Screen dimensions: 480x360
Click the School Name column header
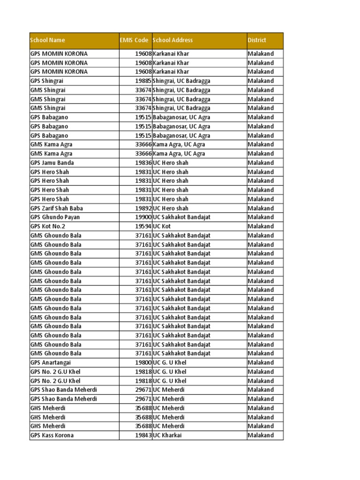pyautogui.click(x=48, y=40)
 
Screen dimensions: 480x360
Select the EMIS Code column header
pyautogui.click(x=134, y=40)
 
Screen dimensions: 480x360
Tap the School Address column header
pyautogui.click(x=173, y=40)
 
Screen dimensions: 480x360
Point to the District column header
pyautogui.click(x=257, y=40)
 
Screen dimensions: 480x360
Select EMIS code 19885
pyautogui.click(x=143, y=81)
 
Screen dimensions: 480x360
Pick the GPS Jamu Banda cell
pyautogui.click(x=52, y=163)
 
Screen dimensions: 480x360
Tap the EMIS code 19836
pyautogui.click(x=143, y=163)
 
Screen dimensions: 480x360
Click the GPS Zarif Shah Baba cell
pyautogui.click(x=57, y=208)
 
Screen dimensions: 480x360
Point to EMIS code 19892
pyautogui.click(x=143, y=208)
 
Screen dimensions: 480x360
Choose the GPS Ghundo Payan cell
pyautogui.click(x=55, y=217)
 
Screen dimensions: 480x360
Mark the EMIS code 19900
pyautogui.click(x=143, y=217)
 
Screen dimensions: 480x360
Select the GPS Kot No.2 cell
pyautogui.click(x=48, y=226)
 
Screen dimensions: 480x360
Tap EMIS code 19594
pyautogui.click(x=143, y=226)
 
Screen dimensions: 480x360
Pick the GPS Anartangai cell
pyautogui.click(x=51, y=362)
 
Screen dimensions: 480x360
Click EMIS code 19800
pyautogui.click(x=143, y=362)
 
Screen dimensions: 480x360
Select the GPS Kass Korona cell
pyautogui.click(x=52, y=435)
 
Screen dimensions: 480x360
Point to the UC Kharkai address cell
pyautogui.click(x=167, y=435)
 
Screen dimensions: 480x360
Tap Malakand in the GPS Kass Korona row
pyautogui.click(x=261, y=435)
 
